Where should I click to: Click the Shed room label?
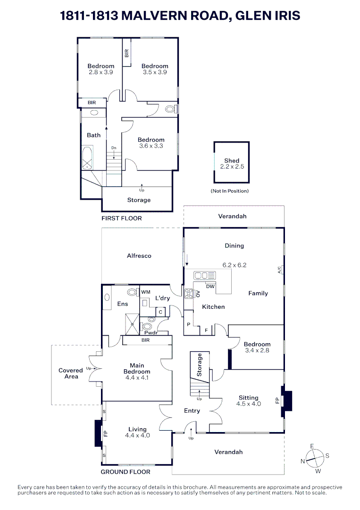pyautogui.click(x=232, y=161)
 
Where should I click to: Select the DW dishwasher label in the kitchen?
pyautogui.click(x=210, y=287)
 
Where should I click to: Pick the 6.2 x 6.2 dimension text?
pyautogui.click(x=234, y=265)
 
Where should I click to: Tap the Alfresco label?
pyautogui.click(x=139, y=255)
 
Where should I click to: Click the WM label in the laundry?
pyautogui.click(x=145, y=292)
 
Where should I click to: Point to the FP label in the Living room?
pyautogui.click(x=106, y=433)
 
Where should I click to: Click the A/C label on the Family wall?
pyautogui.click(x=279, y=270)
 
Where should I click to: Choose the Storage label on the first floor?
pyautogui.click(x=139, y=200)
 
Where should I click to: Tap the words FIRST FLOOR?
pyautogui.click(x=122, y=218)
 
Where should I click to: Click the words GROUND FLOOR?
pyautogui.click(x=126, y=472)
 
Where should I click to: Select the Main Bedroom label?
pyautogui.click(x=137, y=368)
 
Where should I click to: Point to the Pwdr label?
pyautogui.click(x=151, y=333)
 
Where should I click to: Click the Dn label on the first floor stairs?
pyautogui.click(x=114, y=148)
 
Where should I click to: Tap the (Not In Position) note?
pyautogui.click(x=229, y=191)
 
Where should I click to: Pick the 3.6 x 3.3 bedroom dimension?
pyautogui.click(x=151, y=146)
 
